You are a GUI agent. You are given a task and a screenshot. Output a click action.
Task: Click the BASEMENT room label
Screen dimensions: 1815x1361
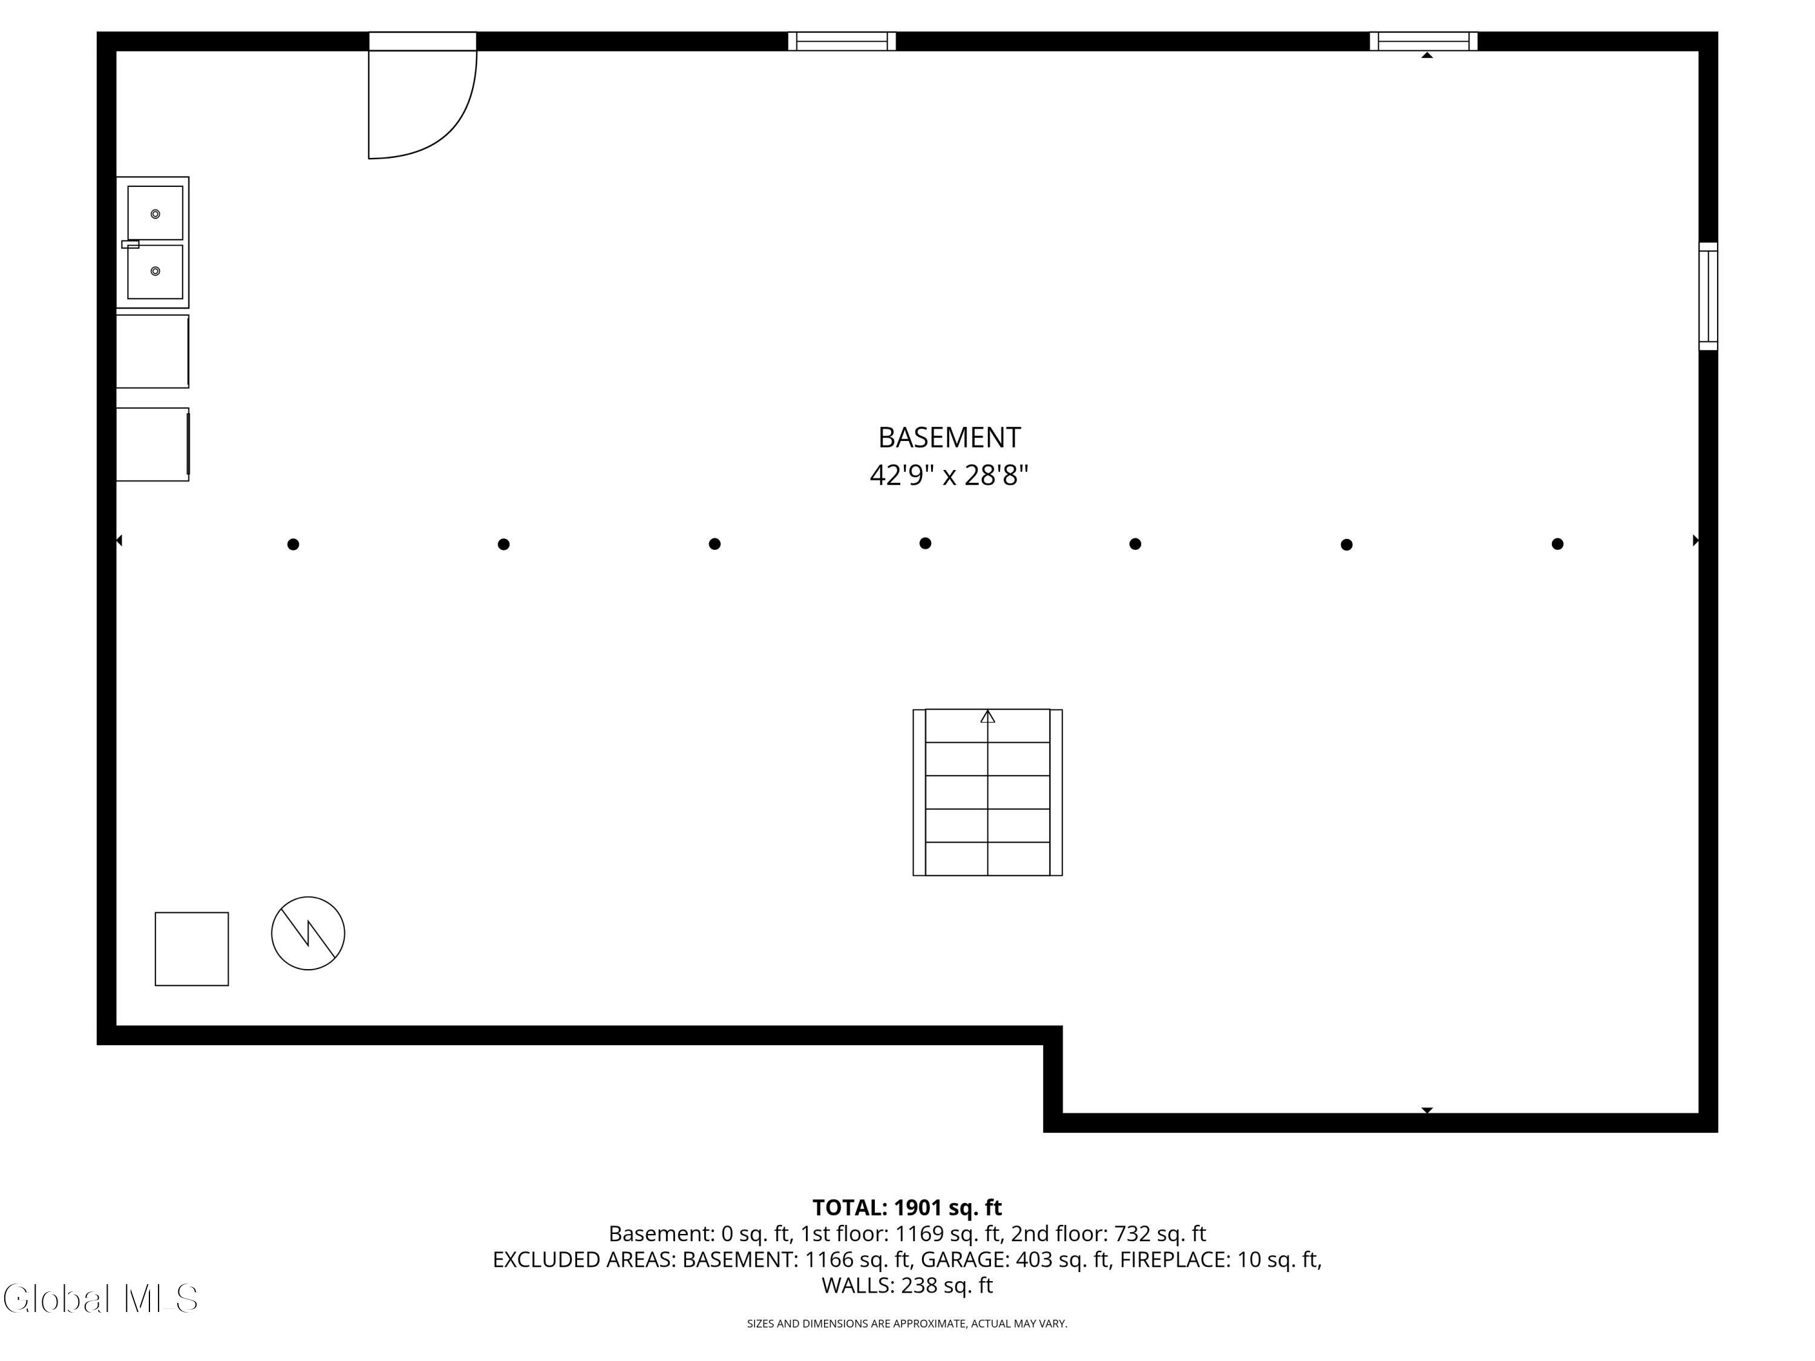949,437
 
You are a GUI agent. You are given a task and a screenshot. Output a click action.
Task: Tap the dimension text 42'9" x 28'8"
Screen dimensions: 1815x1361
949,475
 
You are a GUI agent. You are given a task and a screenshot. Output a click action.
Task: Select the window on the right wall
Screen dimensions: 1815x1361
1707,296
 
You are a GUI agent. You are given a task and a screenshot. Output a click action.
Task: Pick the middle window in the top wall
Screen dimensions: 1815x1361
842,41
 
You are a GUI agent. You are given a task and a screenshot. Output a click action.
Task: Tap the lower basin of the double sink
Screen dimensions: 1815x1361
155,271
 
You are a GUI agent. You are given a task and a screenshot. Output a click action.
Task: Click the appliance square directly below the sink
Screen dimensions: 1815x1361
152,351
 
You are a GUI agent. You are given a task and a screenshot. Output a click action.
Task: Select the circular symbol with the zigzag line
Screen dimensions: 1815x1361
308,933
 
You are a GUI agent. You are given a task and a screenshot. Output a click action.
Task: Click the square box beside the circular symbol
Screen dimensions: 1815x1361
192,948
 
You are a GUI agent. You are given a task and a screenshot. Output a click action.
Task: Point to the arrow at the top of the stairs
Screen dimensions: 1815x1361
988,717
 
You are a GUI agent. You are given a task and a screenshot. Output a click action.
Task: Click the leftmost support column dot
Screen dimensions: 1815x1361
293,544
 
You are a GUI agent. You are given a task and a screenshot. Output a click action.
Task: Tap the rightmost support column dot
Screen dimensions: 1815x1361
1557,544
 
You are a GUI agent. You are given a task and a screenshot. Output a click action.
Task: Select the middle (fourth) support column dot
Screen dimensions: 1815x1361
924,543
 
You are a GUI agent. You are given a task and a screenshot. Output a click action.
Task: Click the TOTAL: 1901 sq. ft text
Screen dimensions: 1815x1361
907,1207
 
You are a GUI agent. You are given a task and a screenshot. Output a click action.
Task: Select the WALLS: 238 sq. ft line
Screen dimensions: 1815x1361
907,1285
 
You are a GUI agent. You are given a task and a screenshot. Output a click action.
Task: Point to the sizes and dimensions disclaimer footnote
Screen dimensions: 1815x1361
907,1324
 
